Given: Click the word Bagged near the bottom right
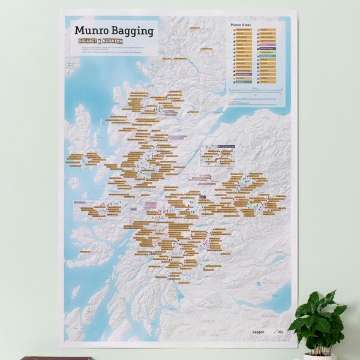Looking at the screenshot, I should click(258, 332).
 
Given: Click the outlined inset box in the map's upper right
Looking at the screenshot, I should click(217, 154).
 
